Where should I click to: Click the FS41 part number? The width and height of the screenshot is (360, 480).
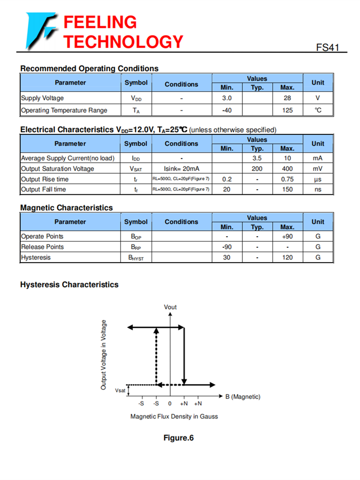pyautogui.click(x=328, y=48)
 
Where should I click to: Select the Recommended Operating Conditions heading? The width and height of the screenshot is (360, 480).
pyautogui.click(x=89, y=69)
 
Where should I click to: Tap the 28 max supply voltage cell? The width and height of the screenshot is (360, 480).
pyautogui.click(x=287, y=98)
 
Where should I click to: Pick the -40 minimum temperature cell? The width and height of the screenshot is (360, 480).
pyautogui.click(x=227, y=110)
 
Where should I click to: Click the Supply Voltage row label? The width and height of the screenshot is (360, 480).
pyautogui.click(x=42, y=98)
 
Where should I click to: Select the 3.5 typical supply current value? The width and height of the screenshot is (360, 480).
pyautogui.click(x=257, y=158)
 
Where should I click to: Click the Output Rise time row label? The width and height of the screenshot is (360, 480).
pyautogui.click(x=45, y=179)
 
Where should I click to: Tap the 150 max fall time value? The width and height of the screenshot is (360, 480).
pyautogui.click(x=287, y=189)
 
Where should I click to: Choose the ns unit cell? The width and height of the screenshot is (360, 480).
pyautogui.click(x=318, y=189)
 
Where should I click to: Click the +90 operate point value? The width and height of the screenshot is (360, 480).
pyautogui.click(x=287, y=236)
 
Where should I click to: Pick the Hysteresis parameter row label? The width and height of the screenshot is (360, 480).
pyautogui.click(x=36, y=257)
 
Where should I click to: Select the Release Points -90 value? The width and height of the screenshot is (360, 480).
pyautogui.click(x=227, y=247)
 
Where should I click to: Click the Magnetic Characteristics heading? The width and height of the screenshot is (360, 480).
pyautogui.click(x=66, y=208)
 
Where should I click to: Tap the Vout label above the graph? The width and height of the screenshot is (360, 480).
pyautogui.click(x=170, y=307)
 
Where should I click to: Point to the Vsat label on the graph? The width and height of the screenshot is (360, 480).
pyautogui.click(x=120, y=391)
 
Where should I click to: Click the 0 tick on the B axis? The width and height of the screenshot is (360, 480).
pyautogui.click(x=170, y=404)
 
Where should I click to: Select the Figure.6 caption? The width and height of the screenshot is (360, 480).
pyautogui.click(x=179, y=438)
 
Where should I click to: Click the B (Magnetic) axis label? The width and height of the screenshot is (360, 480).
pyautogui.click(x=243, y=396)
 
